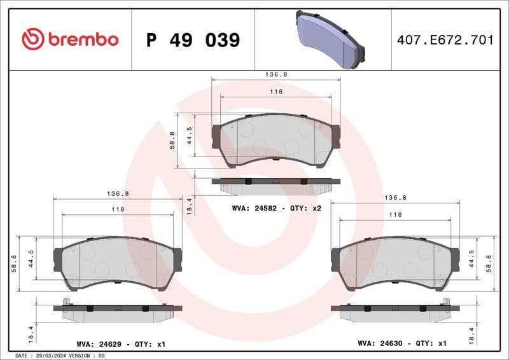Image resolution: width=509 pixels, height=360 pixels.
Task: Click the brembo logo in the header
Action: click(70, 39)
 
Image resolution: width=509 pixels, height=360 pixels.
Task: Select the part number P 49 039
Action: click(193, 40)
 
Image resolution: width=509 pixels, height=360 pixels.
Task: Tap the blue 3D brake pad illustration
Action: click(330, 40)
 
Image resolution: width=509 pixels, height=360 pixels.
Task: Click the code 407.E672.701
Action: click(445, 40)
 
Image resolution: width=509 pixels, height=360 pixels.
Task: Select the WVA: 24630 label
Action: click(379, 343)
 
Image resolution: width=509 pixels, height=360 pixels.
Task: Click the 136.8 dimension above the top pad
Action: click(275, 74)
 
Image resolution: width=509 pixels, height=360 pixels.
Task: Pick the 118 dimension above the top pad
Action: click(275, 92)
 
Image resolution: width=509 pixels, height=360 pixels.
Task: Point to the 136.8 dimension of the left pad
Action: click(118, 193)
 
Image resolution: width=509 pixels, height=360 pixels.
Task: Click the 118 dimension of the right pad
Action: click(395, 215)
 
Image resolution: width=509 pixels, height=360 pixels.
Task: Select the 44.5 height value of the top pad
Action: click(189, 135)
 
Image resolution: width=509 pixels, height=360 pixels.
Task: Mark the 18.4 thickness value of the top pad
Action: click(189, 205)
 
